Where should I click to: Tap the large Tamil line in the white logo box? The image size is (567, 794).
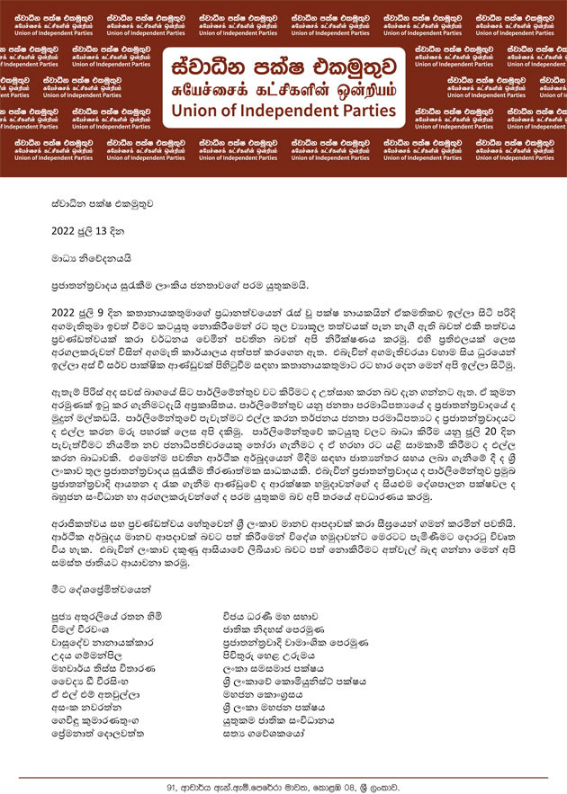click(283, 90)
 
